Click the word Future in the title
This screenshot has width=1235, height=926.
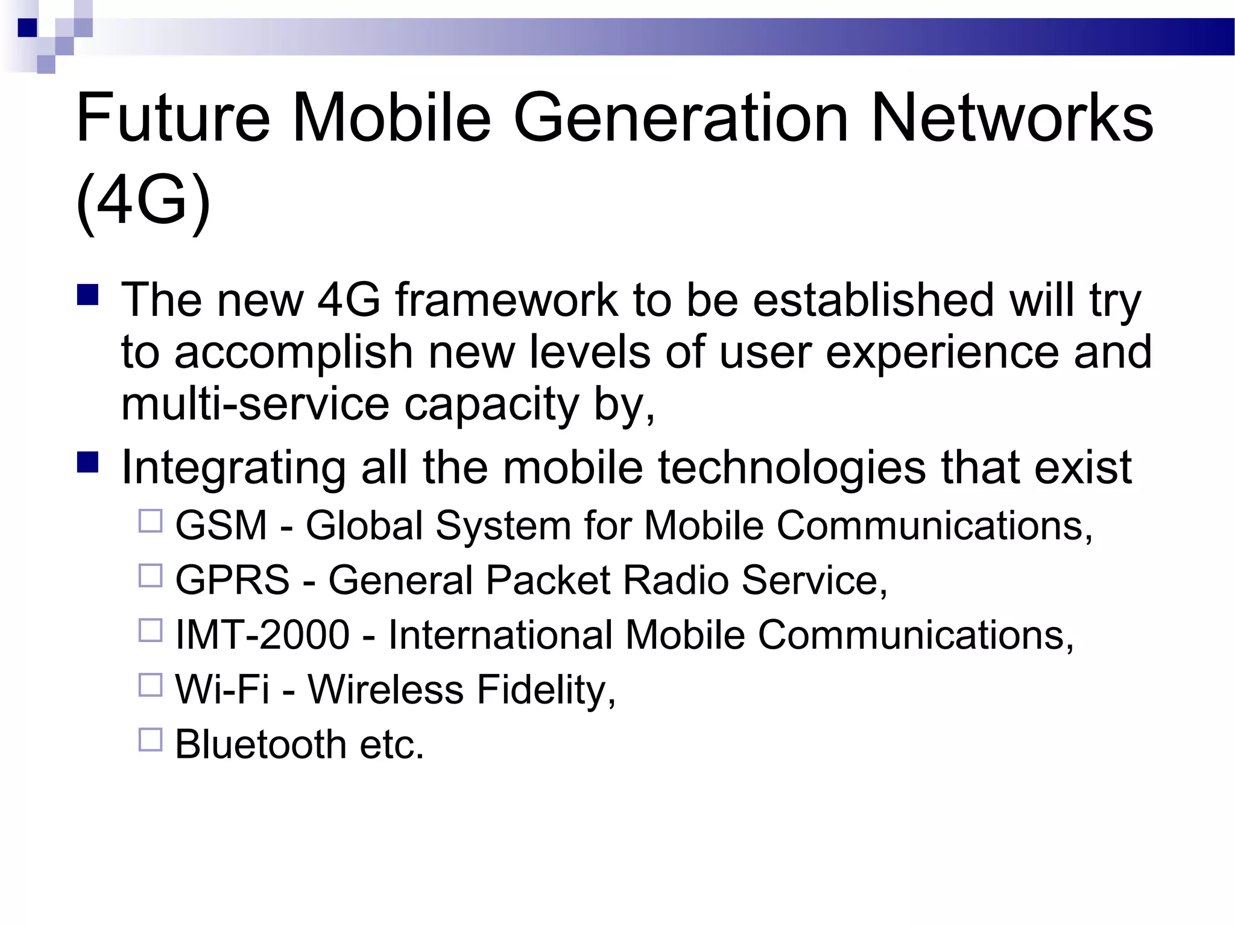(173, 118)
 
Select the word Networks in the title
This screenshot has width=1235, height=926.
(1012, 118)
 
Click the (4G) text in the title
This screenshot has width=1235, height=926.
(144, 200)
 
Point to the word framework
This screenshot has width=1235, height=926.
(507, 300)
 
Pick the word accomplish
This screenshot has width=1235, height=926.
(293, 352)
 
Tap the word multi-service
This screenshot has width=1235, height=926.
(256, 404)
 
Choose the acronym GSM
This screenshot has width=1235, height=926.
(221, 526)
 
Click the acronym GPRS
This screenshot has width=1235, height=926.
(232, 581)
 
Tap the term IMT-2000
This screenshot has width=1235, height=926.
(262, 635)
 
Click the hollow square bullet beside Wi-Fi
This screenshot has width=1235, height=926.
(151, 685)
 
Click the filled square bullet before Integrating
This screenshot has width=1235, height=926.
(88, 462)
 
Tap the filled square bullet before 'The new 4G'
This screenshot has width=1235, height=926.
(88, 295)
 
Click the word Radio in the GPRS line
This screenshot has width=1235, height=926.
(675, 581)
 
